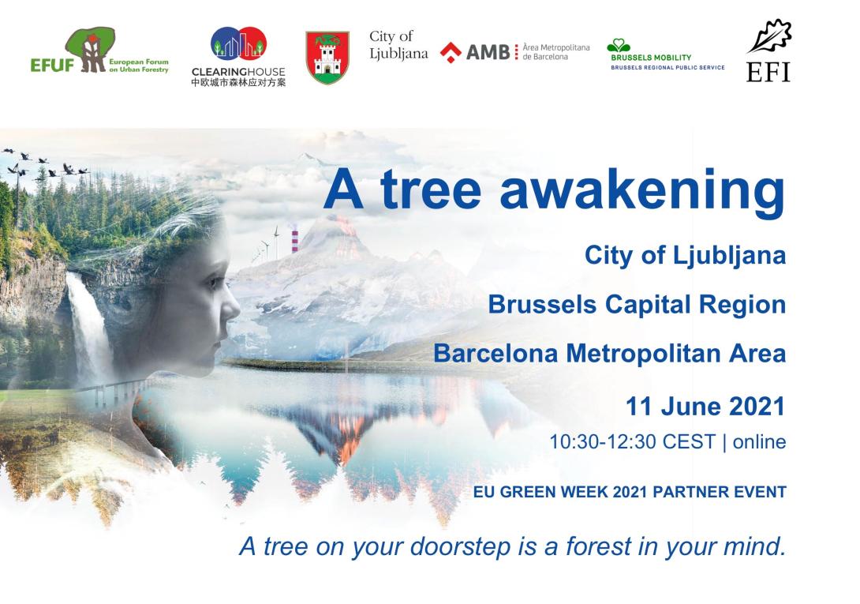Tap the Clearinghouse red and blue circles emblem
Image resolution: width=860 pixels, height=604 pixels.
(238, 43)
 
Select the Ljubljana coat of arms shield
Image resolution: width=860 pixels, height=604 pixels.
(327, 57)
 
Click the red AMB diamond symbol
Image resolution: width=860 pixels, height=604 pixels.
(451, 53)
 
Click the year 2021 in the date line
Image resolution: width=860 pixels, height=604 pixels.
(757, 407)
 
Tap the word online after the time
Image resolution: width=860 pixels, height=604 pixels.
(760, 442)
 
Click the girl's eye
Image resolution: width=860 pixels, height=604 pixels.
(213, 283)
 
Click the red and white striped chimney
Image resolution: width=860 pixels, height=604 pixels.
(295, 241)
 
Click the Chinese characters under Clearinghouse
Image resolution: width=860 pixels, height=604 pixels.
(238, 82)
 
